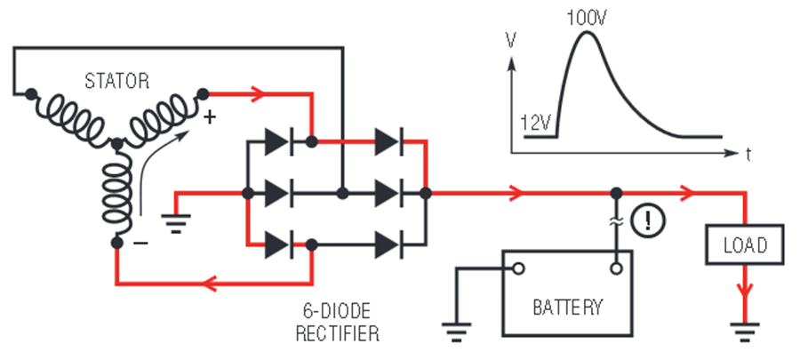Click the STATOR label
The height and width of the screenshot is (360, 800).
click(x=116, y=81)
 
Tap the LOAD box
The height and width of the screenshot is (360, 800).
click(x=745, y=244)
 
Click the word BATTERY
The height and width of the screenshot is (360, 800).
click(x=567, y=307)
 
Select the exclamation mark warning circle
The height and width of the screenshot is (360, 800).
click(x=648, y=220)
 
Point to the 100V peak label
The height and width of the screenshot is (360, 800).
click(x=588, y=19)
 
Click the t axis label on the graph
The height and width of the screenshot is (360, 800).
click(x=748, y=154)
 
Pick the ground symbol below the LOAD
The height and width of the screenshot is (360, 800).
click(x=745, y=330)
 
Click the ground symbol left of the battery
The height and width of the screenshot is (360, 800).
click(x=457, y=332)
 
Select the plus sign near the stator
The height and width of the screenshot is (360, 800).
click(x=210, y=118)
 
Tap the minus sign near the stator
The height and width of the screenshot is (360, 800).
click(x=140, y=243)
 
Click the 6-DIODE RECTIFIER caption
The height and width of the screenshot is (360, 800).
click(x=337, y=322)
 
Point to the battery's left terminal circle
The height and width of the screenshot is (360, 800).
click(x=518, y=268)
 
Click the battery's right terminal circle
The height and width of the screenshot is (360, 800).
click(x=616, y=268)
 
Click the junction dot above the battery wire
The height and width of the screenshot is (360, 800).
click(x=617, y=193)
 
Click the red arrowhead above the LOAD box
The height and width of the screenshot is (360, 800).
click(x=688, y=193)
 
